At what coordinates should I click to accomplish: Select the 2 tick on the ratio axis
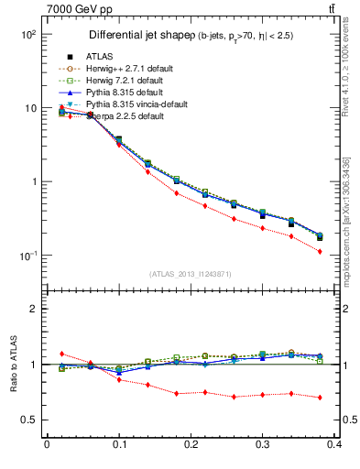pos(35,309)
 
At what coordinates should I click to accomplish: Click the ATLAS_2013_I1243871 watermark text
pos(191,275)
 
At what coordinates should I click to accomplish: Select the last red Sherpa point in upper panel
pos(320,251)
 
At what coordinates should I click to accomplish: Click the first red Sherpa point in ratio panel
pos(61,353)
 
